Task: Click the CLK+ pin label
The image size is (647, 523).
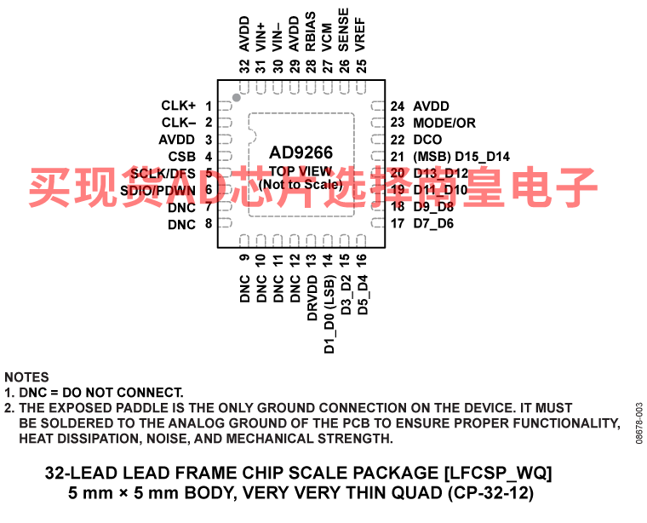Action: coord(179,106)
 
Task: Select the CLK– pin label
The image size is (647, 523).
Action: coord(179,123)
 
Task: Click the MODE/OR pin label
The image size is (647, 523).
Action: coord(444,123)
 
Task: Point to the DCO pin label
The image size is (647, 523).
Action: coord(427,140)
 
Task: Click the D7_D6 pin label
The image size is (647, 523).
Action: coord(433,224)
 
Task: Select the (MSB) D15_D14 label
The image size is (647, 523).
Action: coord(461,157)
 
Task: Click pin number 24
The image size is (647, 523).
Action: coord(398,106)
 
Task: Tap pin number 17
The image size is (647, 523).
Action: coord(398,224)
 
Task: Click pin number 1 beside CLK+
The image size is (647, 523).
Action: coord(208,106)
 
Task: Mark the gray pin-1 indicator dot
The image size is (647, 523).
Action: coord(237,98)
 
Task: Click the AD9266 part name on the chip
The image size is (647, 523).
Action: coord(301,153)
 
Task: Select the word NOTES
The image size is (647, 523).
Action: coord(26,377)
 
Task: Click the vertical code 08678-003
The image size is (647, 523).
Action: coord(638,422)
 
